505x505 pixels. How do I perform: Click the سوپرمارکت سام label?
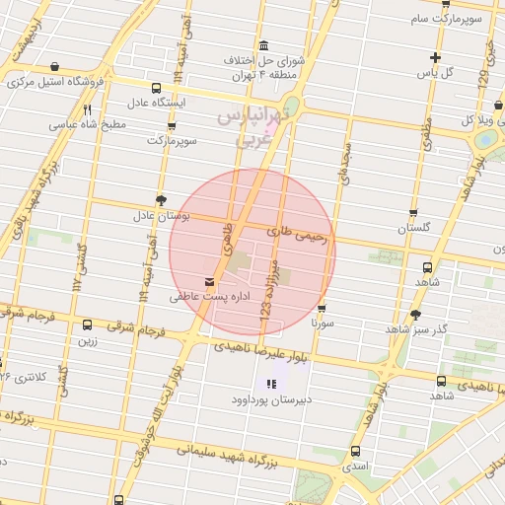pyautogui.click(x=448, y=20)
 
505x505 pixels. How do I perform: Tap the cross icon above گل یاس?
pyautogui.click(x=436, y=57)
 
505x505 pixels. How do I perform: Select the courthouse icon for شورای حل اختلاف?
pyautogui.click(x=263, y=47)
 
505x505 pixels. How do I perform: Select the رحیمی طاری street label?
pyautogui.click(x=301, y=233)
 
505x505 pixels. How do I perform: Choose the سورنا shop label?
pyautogui.click(x=323, y=323)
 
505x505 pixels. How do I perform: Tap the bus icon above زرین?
pyautogui.click(x=87, y=325)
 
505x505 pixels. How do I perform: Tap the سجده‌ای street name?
pyautogui.click(x=347, y=153)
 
